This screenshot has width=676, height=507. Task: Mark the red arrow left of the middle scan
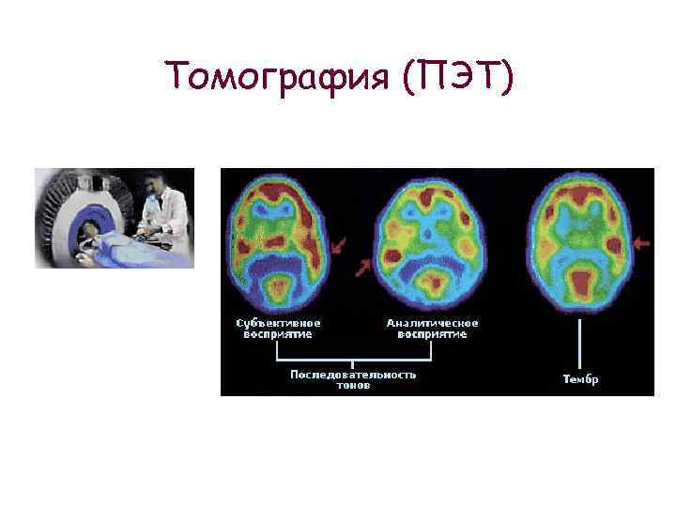(x=361, y=269)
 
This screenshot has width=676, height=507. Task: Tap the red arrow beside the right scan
(x=642, y=244)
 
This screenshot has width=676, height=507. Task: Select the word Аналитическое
(x=432, y=323)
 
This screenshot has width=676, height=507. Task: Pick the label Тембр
(x=580, y=380)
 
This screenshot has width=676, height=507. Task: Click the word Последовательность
(x=352, y=375)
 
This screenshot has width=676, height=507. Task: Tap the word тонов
(x=353, y=386)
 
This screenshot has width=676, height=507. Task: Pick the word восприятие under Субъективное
(x=274, y=334)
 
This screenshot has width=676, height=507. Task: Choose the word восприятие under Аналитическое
(x=432, y=334)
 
